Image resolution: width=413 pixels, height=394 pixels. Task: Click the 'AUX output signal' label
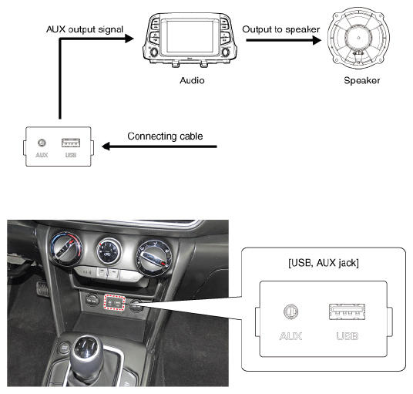[x=85, y=29]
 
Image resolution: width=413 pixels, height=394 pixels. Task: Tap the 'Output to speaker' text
[x=280, y=29]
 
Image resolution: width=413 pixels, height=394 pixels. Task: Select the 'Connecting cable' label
[x=165, y=136]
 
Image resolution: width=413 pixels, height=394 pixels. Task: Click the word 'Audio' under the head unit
[x=192, y=80]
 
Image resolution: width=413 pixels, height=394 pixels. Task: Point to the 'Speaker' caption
[x=362, y=81]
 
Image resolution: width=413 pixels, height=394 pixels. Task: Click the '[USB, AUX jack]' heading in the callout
[x=324, y=263]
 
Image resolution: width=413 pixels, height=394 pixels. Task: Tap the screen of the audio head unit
[x=190, y=36]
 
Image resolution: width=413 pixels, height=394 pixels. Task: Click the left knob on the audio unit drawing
[x=153, y=52]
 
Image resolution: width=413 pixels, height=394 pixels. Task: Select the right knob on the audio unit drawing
[x=226, y=52]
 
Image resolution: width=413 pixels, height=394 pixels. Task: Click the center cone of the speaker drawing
[x=358, y=38]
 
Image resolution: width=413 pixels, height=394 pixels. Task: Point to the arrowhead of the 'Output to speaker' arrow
[x=317, y=40]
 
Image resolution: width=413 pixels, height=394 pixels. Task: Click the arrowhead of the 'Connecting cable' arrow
[x=106, y=146]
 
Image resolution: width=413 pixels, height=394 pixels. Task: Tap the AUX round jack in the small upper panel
[x=42, y=143]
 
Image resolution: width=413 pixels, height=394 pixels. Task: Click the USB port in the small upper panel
[x=71, y=143]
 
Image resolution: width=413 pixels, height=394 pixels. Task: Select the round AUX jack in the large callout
[x=290, y=311]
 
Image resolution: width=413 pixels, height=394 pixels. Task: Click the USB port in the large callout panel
[x=347, y=311]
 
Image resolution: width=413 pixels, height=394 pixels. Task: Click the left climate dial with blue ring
[x=66, y=248]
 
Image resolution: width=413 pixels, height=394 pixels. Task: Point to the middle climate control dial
[x=109, y=251]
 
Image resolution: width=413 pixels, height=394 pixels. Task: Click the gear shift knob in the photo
[x=87, y=352]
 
